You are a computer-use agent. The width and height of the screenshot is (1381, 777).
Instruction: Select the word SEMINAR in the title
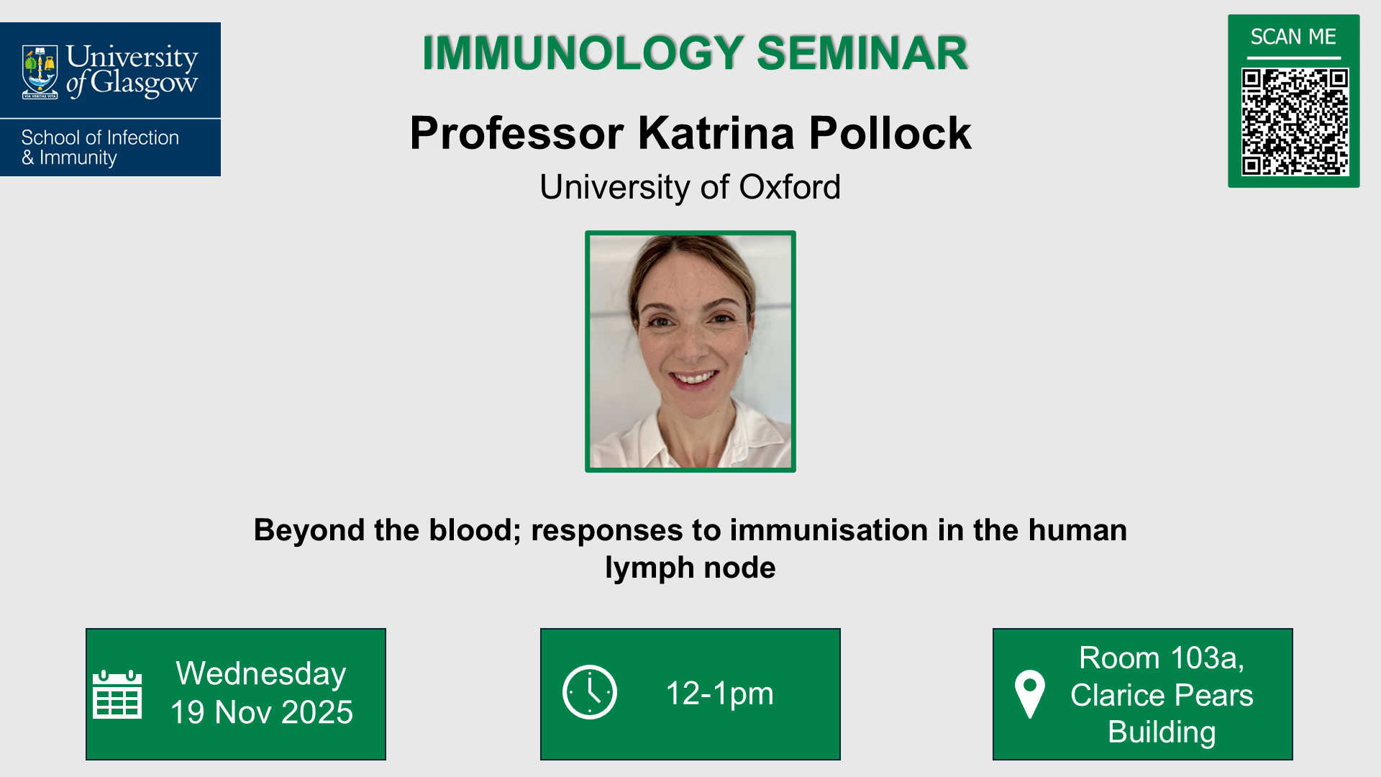[x=862, y=53]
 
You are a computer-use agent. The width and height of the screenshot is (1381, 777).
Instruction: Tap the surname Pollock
[x=890, y=133]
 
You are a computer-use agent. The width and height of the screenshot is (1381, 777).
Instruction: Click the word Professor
[x=516, y=133]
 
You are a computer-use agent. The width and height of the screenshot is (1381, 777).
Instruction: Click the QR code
[x=1294, y=122]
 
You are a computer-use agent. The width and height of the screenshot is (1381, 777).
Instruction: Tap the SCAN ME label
[x=1293, y=37]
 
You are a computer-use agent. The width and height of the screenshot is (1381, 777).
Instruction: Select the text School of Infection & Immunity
[x=100, y=147]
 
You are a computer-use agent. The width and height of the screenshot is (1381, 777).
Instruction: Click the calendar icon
[x=117, y=694]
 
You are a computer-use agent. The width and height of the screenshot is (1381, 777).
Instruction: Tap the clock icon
[x=590, y=693]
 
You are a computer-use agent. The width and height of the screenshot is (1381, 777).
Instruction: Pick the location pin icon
[x=1029, y=694]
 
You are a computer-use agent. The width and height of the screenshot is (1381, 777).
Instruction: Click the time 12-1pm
[x=719, y=694]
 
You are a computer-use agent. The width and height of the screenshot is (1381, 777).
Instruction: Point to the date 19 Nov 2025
[x=262, y=712]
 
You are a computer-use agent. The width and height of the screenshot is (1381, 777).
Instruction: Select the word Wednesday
[x=261, y=674]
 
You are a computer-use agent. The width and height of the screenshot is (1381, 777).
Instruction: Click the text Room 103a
[x=1161, y=658]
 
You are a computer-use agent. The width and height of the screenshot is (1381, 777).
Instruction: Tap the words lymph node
[x=690, y=568]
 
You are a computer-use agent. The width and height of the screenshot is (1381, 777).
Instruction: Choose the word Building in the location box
[x=1162, y=732]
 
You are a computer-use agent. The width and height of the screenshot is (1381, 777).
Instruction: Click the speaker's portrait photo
[x=690, y=351]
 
